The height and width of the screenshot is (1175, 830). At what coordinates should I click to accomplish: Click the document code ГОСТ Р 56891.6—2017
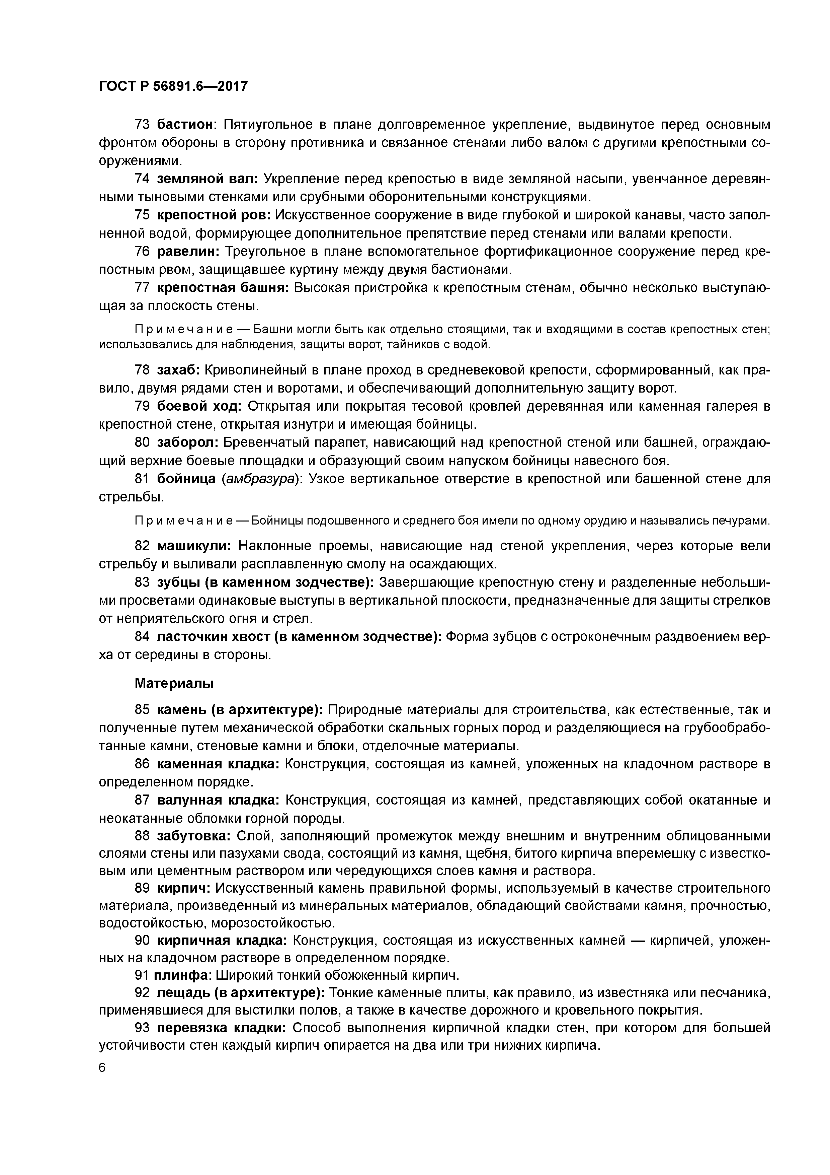click(x=173, y=86)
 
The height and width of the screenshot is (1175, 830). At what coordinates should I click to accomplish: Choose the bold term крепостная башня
click(x=223, y=288)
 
